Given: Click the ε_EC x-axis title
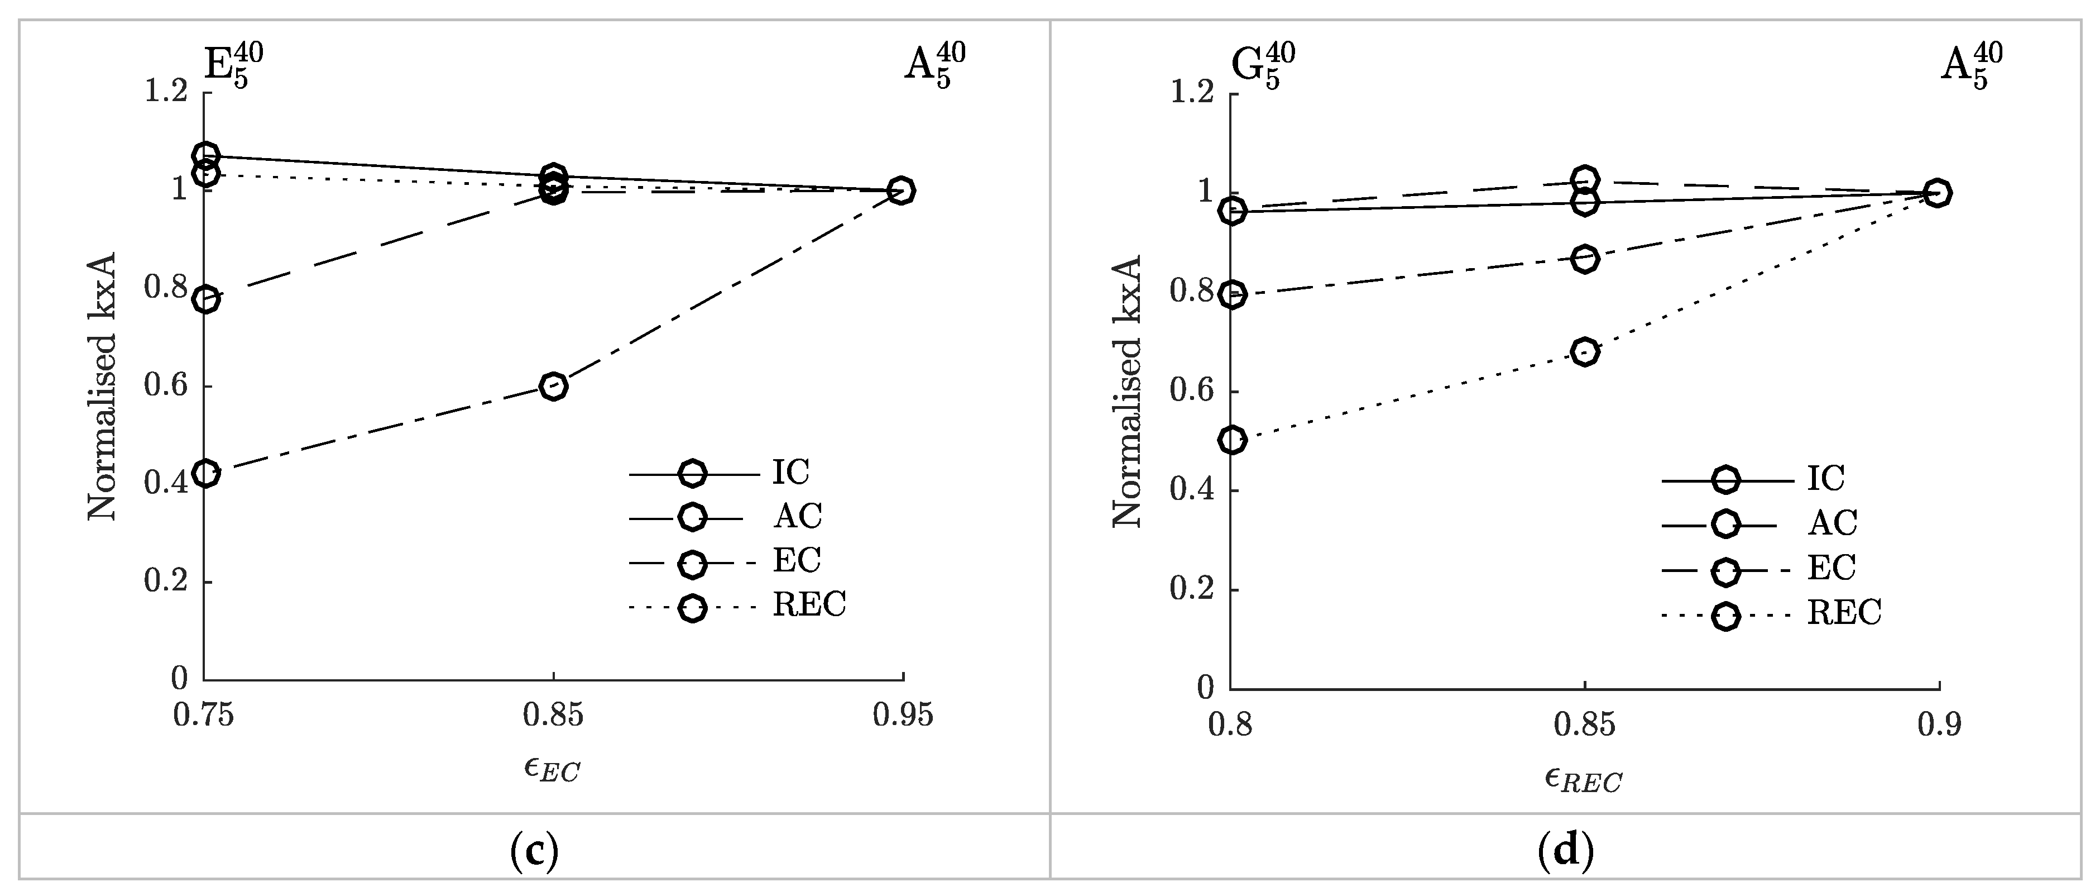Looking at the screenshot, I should (x=552, y=769).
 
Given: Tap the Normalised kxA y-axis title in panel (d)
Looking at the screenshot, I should (x=1128, y=390).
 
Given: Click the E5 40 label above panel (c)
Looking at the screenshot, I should (x=233, y=64).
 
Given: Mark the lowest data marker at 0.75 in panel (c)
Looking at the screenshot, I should (x=207, y=473).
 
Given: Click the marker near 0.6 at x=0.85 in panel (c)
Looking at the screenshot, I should (x=553, y=386).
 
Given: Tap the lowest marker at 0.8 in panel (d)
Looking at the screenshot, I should (x=1233, y=440).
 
